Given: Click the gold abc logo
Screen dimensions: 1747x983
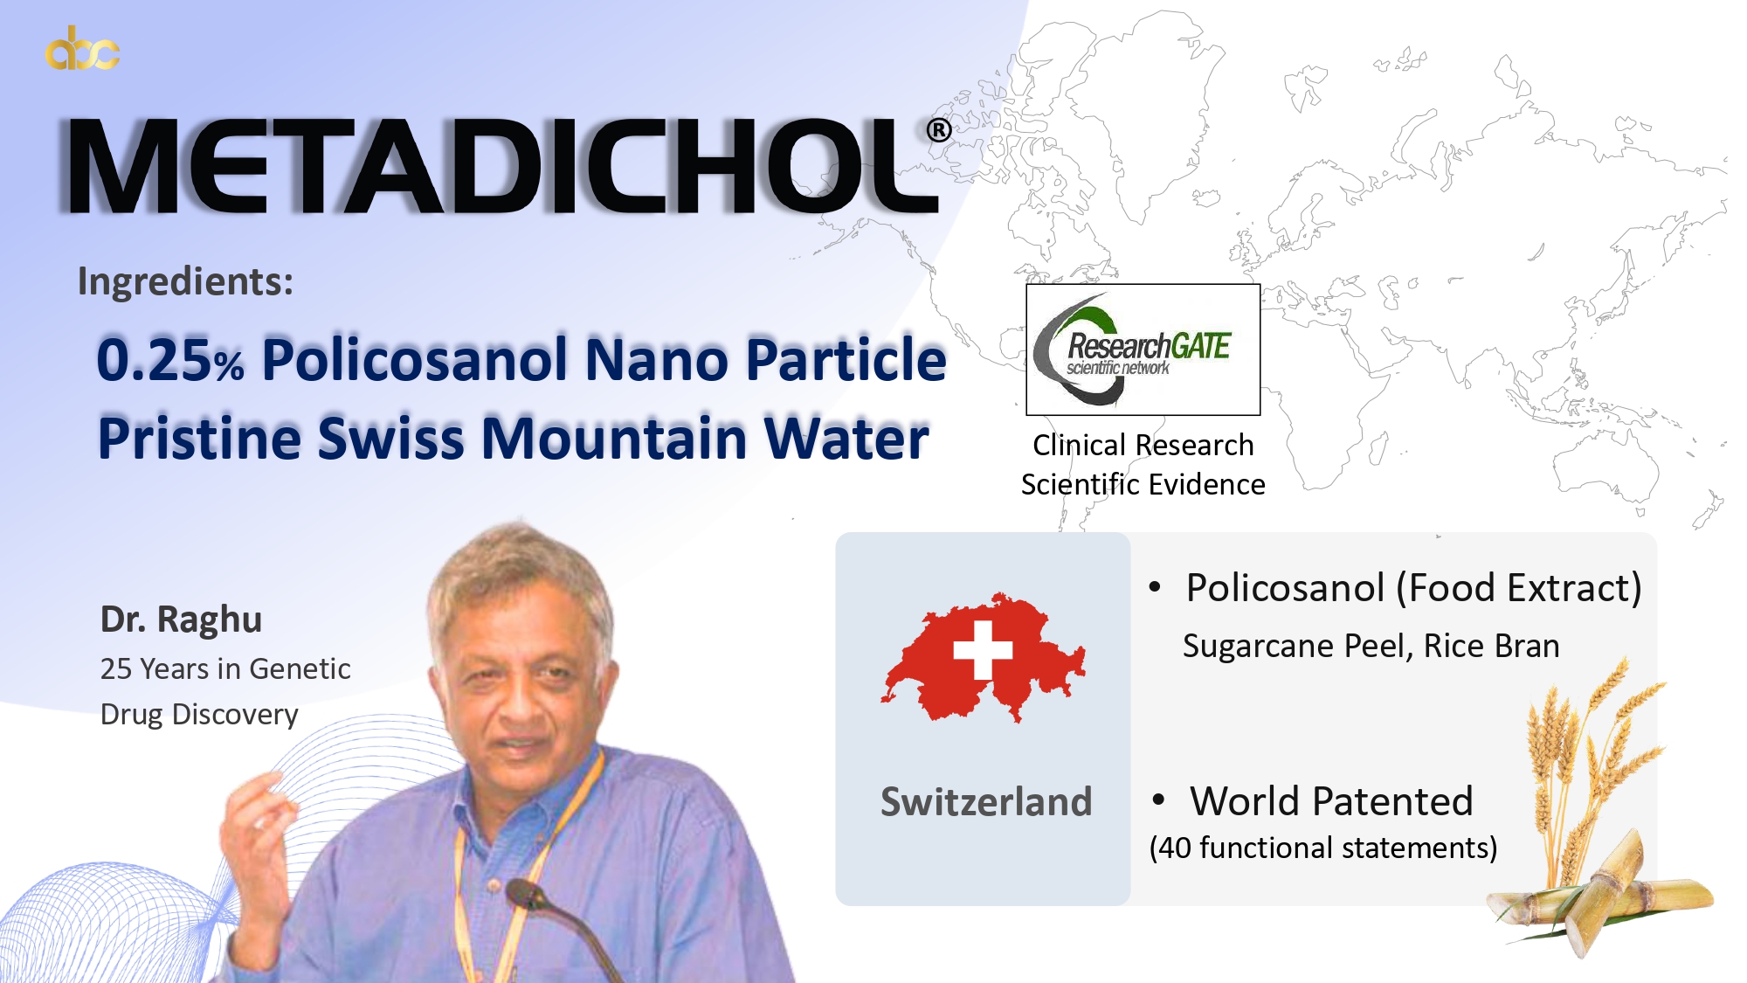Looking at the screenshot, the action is [82, 49].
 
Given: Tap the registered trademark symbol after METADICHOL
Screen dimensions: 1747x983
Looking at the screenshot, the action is [939, 130].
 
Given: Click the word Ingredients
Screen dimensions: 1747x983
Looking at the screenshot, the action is [185, 282].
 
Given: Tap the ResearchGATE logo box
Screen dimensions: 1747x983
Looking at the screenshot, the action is [1143, 350].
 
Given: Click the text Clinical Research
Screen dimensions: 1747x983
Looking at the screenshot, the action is [1143, 445].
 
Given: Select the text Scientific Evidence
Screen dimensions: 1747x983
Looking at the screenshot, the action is [1143, 484].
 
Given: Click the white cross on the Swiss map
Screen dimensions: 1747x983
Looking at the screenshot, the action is [983, 650].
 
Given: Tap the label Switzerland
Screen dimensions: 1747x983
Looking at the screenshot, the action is [986, 801].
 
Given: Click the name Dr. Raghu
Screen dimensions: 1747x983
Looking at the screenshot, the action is [181, 619].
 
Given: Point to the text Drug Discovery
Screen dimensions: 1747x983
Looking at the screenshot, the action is [199, 714].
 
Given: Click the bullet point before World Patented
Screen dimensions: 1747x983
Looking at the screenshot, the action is [1159, 800].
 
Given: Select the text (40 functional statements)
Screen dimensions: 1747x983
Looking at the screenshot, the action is [1323, 848].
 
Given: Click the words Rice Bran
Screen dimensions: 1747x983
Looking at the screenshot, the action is [1492, 646].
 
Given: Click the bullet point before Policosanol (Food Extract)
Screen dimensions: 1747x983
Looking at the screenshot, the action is [1156, 587].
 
